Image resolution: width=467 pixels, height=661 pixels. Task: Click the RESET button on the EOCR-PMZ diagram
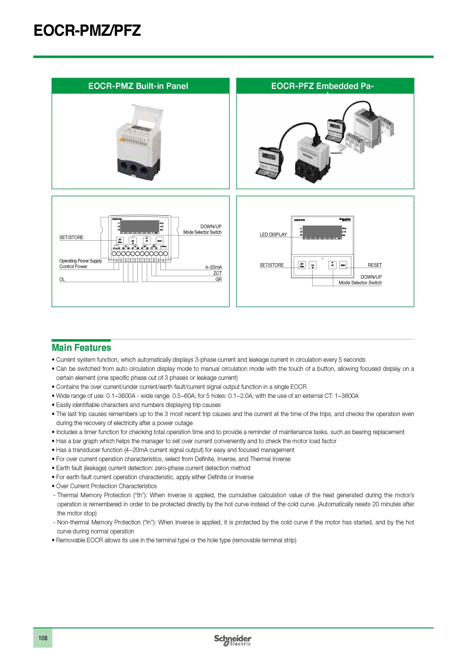pyautogui.click(x=160, y=241)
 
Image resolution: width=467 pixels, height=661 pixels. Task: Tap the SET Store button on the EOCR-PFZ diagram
pyautogui.click(x=302, y=265)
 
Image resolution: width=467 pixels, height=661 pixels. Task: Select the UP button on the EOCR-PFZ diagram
pyautogui.click(x=332, y=265)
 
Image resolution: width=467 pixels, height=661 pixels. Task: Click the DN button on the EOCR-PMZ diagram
pyautogui.click(x=133, y=241)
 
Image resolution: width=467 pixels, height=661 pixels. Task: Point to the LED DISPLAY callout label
pyautogui.click(x=273, y=235)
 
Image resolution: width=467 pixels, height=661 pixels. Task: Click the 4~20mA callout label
pyautogui.click(x=213, y=267)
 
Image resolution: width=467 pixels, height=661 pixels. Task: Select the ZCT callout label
pyautogui.click(x=217, y=273)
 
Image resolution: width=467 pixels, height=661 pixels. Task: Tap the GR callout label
pyautogui.click(x=218, y=279)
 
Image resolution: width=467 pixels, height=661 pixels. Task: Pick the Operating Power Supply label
pyautogui.click(x=81, y=261)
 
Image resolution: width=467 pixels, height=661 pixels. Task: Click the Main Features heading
pyautogui.click(x=81, y=347)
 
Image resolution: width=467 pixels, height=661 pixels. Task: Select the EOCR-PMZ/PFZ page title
pyautogui.click(x=87, y=30)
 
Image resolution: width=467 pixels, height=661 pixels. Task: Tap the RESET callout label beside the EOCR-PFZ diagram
pyautogui.click(x=375, y=265)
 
